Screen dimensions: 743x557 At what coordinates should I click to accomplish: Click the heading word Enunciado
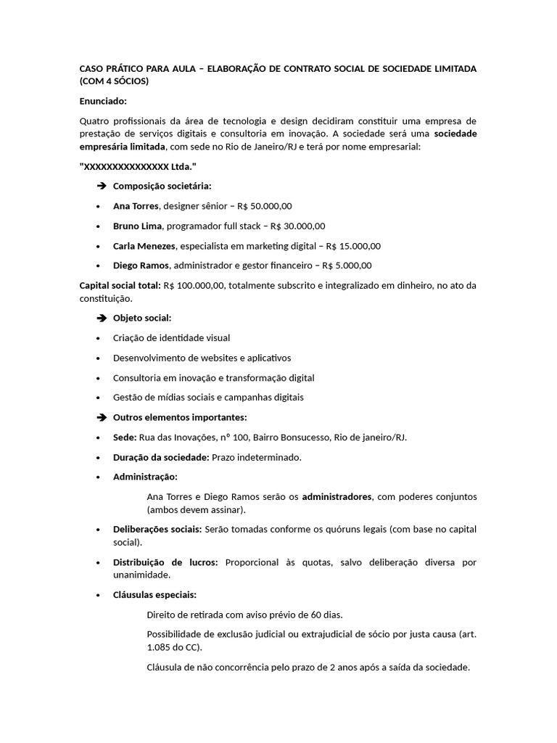(x=103, y=101)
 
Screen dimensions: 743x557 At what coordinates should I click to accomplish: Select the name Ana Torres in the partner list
(x=136, y=206)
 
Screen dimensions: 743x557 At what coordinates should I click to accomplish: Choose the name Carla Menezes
(x=144, y=246)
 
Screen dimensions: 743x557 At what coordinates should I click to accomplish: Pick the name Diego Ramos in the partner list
(x=141, y=266)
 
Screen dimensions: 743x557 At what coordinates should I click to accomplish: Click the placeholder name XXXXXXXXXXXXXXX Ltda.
(x=138, y=166)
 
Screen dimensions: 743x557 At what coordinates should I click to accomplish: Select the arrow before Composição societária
(x=101, y=186)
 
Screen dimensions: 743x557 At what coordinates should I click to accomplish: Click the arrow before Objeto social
(x=101, y=318)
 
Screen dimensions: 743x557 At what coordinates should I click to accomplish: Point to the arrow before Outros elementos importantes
(x=101, y=417)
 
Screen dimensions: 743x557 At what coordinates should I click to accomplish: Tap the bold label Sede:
(x=125, y=438)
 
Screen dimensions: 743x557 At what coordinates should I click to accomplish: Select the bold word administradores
(x=337, y=497)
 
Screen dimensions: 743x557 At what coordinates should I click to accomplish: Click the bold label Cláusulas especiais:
(x=154, y=595)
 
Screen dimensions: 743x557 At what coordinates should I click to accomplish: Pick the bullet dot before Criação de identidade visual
(x=98, y=338)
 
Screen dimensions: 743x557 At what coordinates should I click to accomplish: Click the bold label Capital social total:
(x=120, y=285)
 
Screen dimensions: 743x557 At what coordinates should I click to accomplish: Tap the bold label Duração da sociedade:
(x=161, y=457)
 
